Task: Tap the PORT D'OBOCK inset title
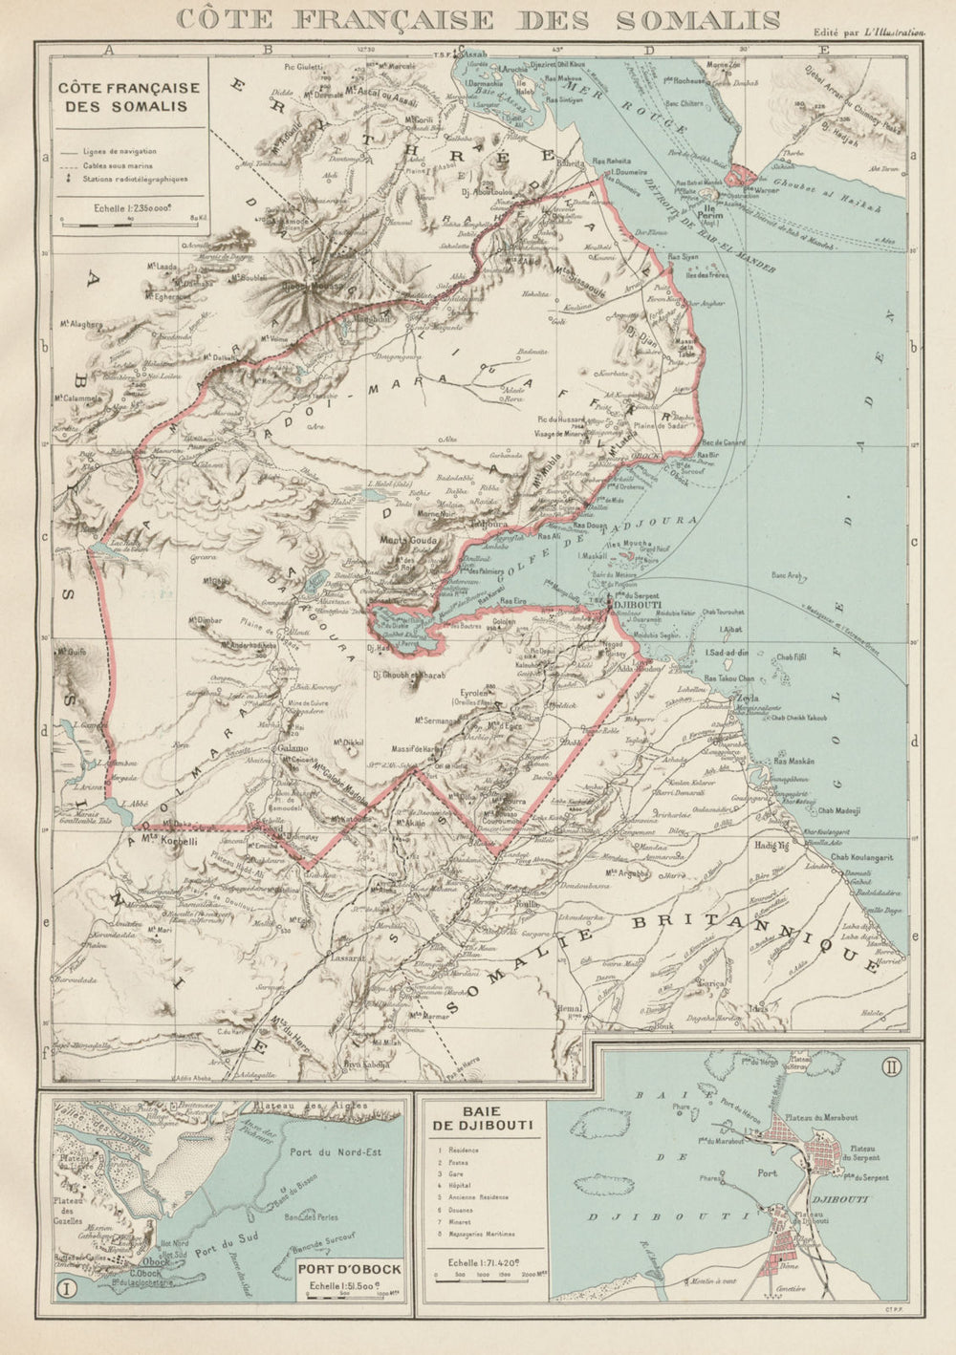(349, 1270)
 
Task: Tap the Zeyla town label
(747, 699)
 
